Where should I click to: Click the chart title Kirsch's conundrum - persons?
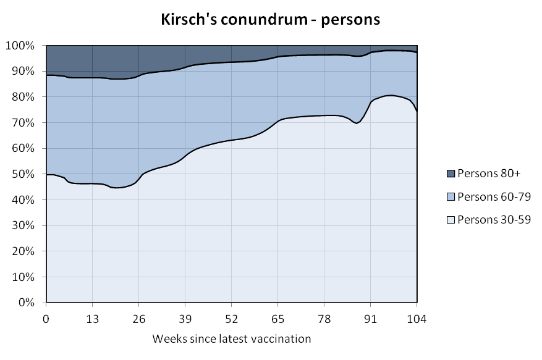coord(270,19)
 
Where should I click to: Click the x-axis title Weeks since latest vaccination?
coord(231,338)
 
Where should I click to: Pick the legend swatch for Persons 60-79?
coord(451,197)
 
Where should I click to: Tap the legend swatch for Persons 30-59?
coord(451,219)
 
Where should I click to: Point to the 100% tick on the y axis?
coord(23,46)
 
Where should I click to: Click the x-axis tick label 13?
coord(92,319)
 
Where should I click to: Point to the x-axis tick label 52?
coord(231,319)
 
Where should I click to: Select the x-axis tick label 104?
coord(417,319)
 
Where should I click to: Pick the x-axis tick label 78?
coord(324,319)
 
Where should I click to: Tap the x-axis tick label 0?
coord(46,319)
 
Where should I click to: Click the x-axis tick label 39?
coord(185,319)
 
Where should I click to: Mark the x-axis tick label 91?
coord(370,319)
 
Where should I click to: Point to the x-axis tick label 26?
coord(138,319)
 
